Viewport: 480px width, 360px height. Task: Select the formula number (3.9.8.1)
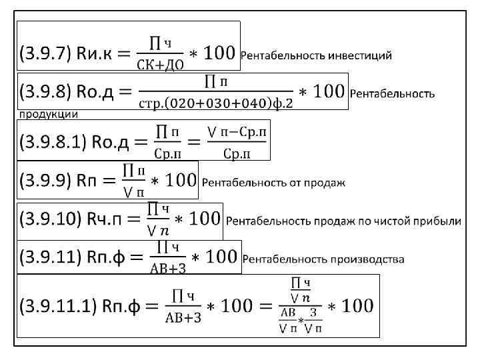[53, 143]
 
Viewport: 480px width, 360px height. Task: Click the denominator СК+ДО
[161, 65]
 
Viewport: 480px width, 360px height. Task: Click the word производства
[369, 259]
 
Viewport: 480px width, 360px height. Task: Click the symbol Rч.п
[106, 219]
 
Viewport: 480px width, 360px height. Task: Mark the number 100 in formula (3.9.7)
[219, 53]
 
